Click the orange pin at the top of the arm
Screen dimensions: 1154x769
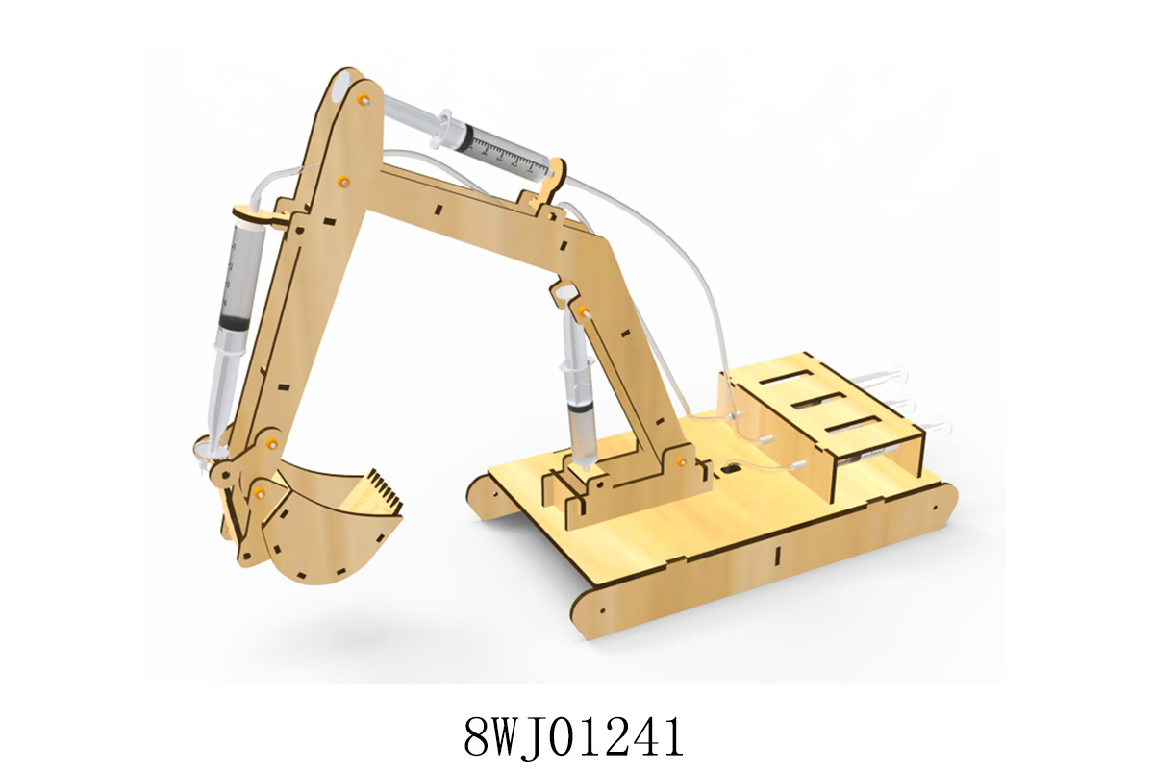click(x=365, y=99)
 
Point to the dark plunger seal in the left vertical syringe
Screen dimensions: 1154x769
click(x=233, y=326)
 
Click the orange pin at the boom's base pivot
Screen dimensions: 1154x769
click(x=681, y=459)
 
